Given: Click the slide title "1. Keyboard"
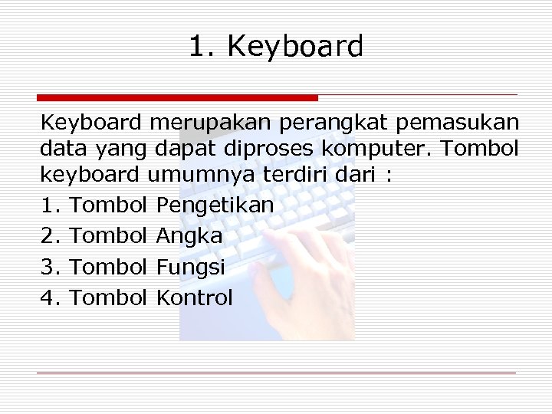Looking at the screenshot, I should (x=276, y=48).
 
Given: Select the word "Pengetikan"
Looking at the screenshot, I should (x=215, y=205).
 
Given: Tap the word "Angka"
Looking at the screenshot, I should (x=189, y=236).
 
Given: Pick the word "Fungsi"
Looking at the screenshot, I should (x=190, y=268).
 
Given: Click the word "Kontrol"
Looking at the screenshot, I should (x=194, y=297).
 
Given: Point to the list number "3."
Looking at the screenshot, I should (x=51, y=267).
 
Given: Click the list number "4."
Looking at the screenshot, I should (x=51, y=297).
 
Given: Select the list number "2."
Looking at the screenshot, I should (x=51, y=236).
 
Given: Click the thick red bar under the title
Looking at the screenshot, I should (x=177, y=97).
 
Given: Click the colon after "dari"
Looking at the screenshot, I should (x=389, y=176).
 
